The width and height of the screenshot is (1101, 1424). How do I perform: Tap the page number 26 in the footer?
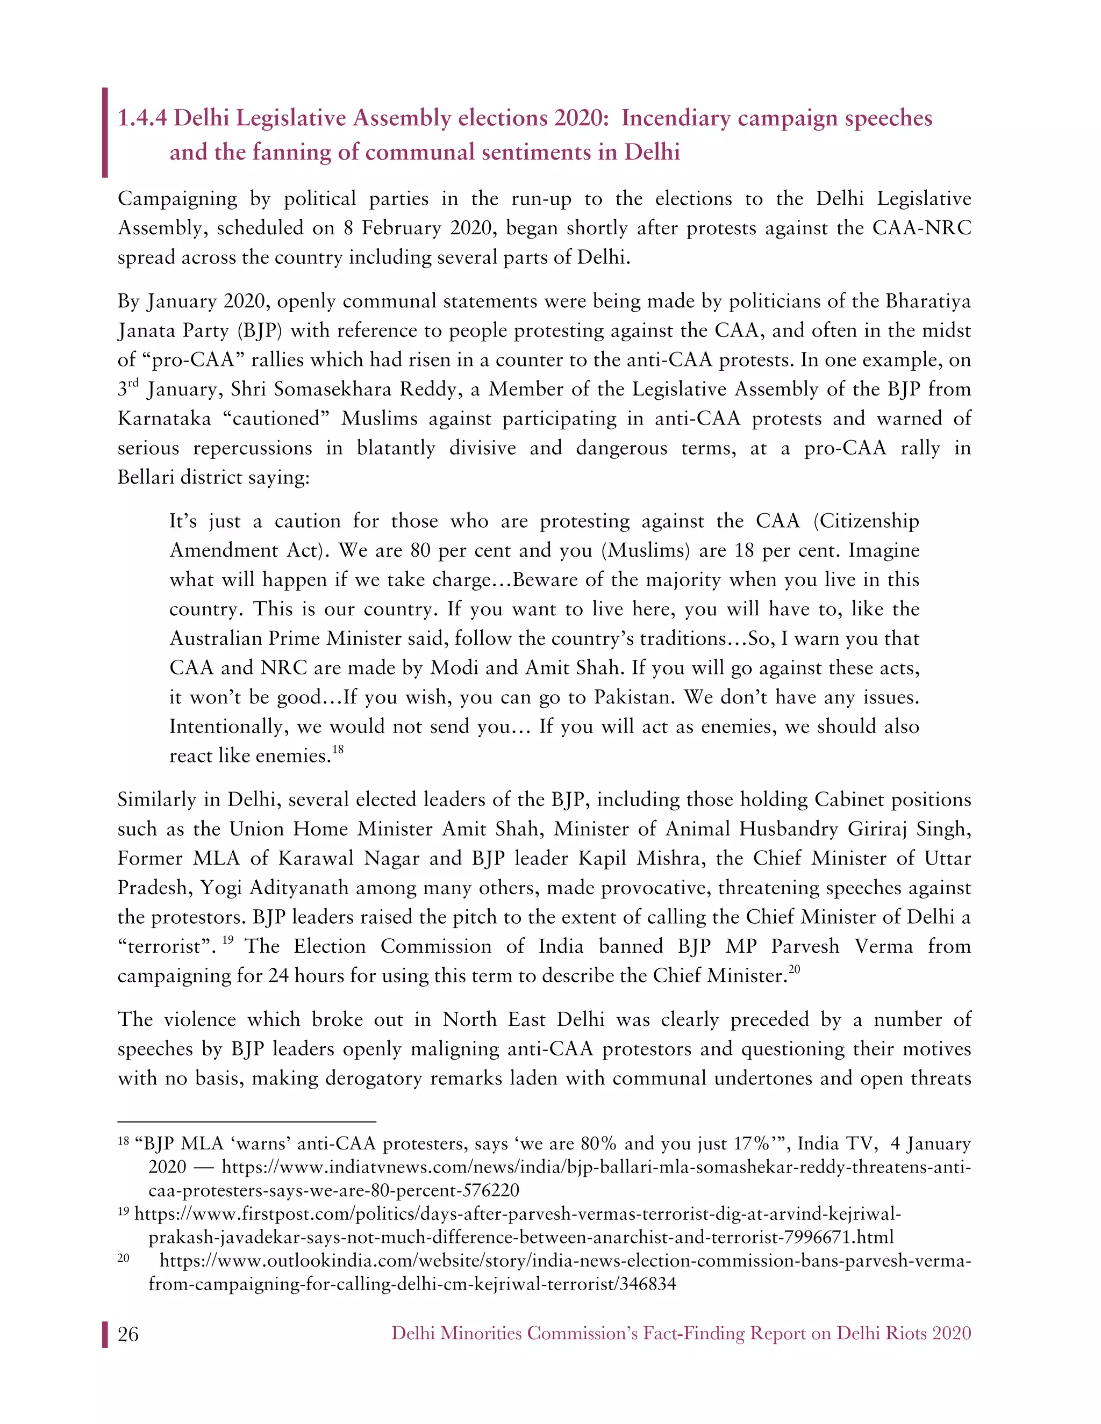tap(128, 1334)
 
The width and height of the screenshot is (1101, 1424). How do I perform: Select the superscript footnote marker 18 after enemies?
tap(337, 749)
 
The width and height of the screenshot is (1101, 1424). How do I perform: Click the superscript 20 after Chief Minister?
tap(794, 969)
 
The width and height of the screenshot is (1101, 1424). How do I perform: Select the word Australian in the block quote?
tap(218, 638)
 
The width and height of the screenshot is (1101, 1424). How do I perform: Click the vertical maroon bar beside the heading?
tap(104, 132)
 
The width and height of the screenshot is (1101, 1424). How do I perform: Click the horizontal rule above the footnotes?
tap(247, 1121)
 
